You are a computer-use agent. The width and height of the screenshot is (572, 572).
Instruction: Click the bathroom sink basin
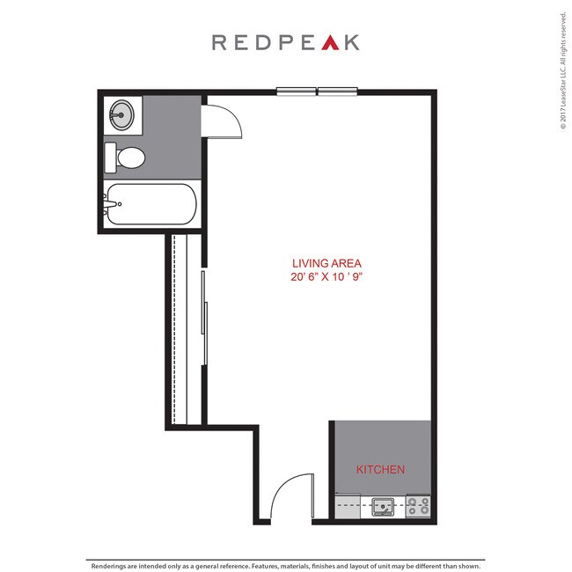(121, 114)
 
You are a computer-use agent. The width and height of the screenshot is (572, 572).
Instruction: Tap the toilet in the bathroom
(128, 158)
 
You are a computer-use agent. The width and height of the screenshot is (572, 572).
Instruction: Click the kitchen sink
(383, 506)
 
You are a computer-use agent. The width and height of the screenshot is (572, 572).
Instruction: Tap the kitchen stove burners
(418, 506)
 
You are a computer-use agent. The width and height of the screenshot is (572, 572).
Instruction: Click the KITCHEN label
(380, 470)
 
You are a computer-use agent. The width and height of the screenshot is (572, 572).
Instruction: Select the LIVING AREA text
(327, 263)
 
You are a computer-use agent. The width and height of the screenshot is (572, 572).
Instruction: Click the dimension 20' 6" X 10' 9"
(327, 276)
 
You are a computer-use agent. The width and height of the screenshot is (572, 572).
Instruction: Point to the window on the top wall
(317, 90)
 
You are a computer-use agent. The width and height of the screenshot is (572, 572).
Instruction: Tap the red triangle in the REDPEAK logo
(328, 41)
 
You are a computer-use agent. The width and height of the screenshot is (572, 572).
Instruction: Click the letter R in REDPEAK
(218, 41)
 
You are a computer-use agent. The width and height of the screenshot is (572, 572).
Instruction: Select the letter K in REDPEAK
(352, 41)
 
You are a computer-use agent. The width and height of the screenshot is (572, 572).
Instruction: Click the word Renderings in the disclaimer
(111, 566)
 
